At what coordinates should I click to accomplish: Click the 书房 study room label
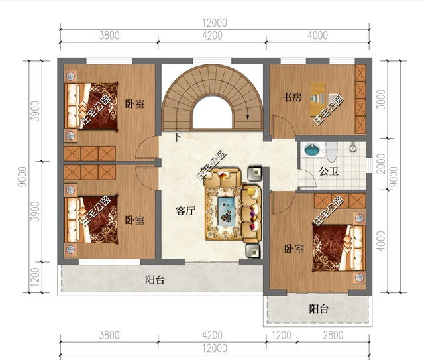pos(292,97)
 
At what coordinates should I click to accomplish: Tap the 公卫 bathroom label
pos(329,171)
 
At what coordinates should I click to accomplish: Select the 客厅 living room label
pos(185,211)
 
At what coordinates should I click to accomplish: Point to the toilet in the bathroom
pos(331,152)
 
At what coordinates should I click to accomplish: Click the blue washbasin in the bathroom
pos(312,150)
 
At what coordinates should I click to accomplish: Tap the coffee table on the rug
pos(226,210)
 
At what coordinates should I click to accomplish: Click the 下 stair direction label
pos(177,137)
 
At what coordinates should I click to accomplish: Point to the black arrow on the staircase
pos(247,117)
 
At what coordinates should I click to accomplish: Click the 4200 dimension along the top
pos(212,36)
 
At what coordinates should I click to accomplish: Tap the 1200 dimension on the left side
pos(35,277)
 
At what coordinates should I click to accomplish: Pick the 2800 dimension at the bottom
pos(333,335)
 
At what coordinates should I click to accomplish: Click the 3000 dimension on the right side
pos(381,99)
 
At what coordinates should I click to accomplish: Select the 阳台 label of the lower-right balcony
pos(319,309)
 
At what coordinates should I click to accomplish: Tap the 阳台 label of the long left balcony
pos(154,280)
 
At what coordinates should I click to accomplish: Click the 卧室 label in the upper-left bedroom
pos(134,104)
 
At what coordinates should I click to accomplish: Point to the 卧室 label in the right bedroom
pos(294,249)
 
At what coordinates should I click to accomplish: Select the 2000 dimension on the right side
pos(381,164)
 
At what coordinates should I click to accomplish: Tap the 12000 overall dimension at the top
pos(215,23)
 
